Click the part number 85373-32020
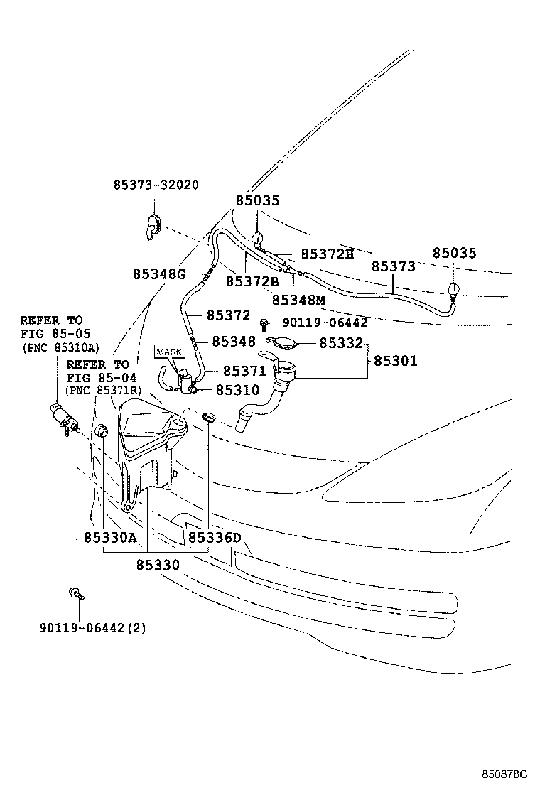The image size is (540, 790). coord(156,185)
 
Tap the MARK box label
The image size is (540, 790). coord(169,352)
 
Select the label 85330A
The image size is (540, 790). coord(109,538)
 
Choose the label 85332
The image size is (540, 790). coord(341,343)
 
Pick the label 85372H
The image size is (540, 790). coord(327,254)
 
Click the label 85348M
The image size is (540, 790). coord(298,300)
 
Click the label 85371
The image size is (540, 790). coord(244,371)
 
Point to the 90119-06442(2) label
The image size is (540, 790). coord(89,628)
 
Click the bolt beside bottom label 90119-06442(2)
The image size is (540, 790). coord(75,593)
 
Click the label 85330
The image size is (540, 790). coord(157,565)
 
